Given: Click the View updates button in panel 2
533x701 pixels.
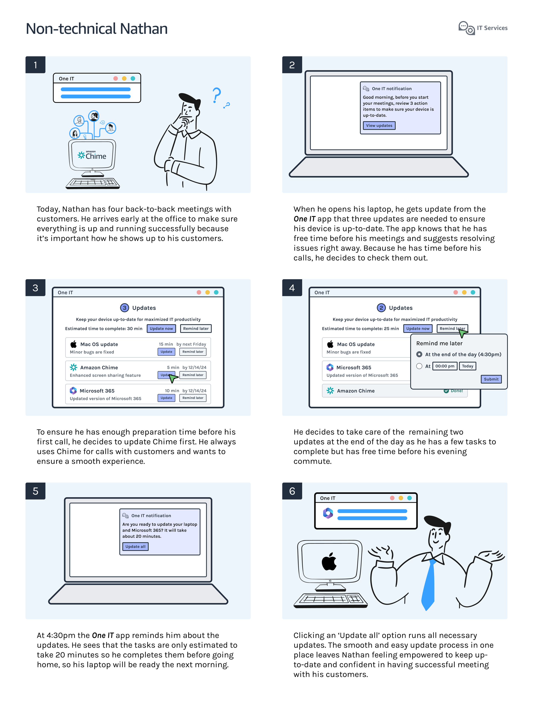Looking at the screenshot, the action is pos(379,126).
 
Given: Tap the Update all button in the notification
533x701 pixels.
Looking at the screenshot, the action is pos(135,546).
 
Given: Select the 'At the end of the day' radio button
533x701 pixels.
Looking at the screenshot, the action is pos(419,354).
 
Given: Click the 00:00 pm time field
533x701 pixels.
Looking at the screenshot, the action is pos(445,366).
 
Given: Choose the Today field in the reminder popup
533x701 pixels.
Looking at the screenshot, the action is pos(467,366).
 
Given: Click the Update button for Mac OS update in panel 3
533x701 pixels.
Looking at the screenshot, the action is pos(166,352).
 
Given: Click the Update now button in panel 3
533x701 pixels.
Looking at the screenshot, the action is pos(161,329).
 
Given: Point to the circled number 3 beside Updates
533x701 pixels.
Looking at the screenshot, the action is pos(124,308).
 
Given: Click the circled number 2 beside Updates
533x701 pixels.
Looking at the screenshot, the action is pos(381,308).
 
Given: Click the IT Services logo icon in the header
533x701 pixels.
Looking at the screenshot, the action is pos(466,28).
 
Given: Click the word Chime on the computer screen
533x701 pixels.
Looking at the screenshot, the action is pos(96,156).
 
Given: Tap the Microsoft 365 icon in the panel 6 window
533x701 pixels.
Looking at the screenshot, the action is pos(328,513).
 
